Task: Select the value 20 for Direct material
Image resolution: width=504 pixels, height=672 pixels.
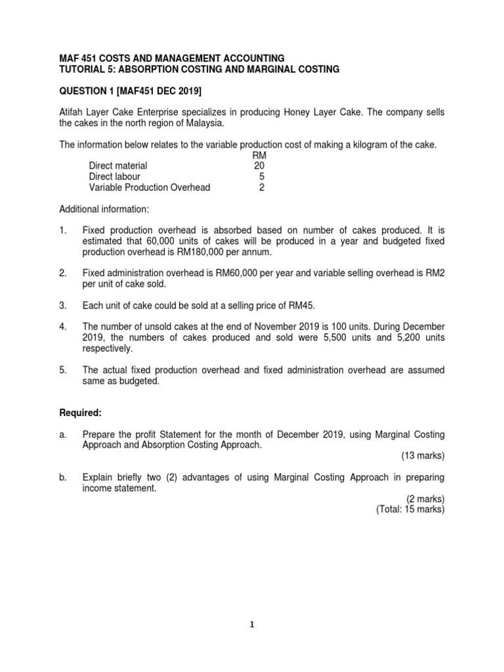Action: pos(259,166)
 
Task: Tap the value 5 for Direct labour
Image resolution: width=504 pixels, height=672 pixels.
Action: pos(261,177)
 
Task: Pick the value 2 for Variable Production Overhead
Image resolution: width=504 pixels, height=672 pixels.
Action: pos(261,187)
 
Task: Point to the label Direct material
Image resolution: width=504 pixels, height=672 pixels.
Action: pos(118,166)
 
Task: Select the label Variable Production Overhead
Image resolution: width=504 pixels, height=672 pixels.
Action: pos(150,187)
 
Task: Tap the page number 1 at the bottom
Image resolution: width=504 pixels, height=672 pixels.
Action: pos(253,624)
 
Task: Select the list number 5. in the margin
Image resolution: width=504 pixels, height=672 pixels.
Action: pos(63,370)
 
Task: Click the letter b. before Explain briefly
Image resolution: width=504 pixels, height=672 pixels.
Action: pos(63,477)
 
